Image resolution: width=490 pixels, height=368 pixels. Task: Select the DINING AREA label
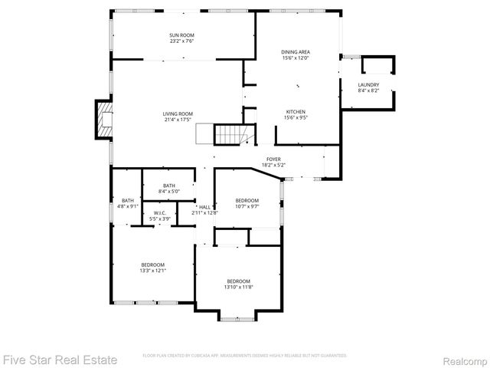tap(296, 52)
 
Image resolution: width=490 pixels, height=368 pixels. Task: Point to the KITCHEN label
tap(296, 111)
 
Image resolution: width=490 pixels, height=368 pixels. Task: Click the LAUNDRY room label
tap(368, 84)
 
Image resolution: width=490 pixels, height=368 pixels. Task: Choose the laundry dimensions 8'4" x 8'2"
tap(368, 90)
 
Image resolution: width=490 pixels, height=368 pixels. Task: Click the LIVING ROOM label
tap(177, 113)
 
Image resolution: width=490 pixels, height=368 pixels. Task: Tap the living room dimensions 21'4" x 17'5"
tap(177, 120)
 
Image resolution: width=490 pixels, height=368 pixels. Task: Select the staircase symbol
tap(228, 135)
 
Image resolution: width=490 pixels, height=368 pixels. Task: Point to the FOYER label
tap(273, 159)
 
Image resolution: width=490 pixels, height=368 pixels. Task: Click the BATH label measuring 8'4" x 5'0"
tap(168, 185)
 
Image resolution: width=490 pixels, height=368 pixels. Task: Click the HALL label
tap(204, 207)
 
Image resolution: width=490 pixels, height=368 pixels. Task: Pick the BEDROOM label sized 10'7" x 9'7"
tap(247, 200)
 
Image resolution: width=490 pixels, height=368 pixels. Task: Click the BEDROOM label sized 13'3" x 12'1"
tap(152, 264)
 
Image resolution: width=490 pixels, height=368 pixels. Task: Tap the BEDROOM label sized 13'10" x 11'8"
tap(237, 281)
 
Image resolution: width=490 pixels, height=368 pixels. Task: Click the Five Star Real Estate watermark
tap(60, 358)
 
